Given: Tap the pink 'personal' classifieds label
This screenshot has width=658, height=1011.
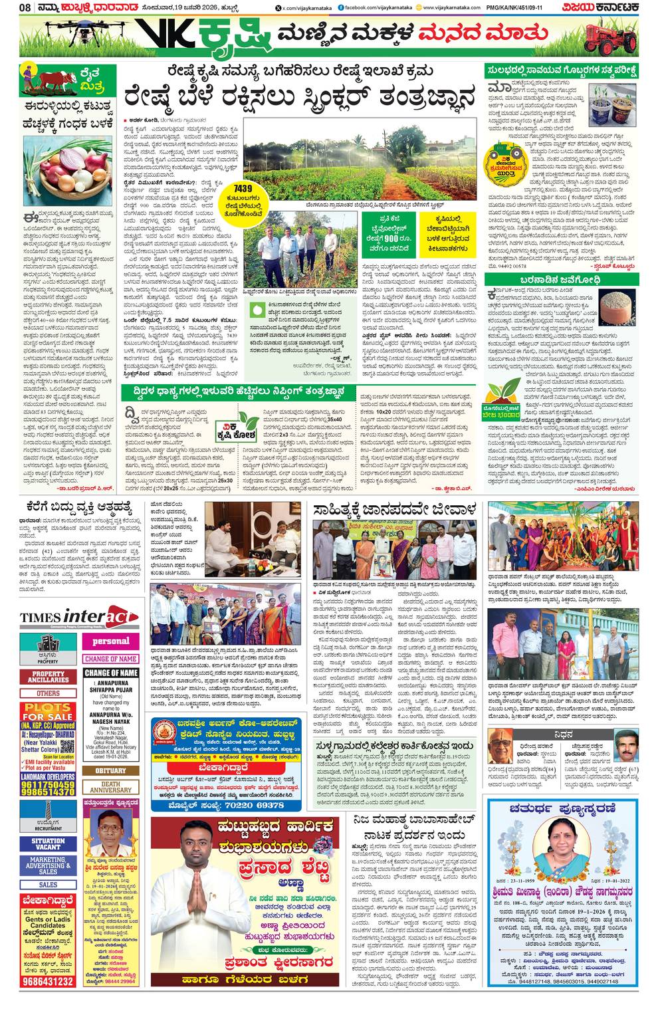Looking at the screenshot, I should (x=110, y=641).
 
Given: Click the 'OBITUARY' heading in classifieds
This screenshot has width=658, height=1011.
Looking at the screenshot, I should (x=110, y=771).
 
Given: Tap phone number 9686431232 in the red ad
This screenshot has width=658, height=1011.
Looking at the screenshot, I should (x=47, y=981).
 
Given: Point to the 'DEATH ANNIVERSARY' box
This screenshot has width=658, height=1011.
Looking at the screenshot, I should (x=110, y=788).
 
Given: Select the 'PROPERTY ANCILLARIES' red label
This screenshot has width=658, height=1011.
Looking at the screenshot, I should (x=48, y=677).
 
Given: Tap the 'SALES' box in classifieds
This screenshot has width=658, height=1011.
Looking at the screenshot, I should (x=48, y=885).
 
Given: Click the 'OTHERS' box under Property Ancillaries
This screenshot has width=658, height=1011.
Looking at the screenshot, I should (x=48, y=693).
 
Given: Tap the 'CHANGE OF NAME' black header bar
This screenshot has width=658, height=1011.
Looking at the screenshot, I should (x=110, y=673).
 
